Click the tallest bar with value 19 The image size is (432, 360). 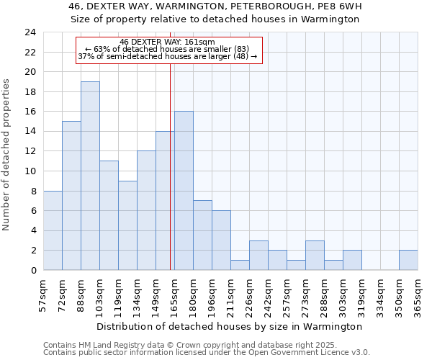click(x=90, y=176)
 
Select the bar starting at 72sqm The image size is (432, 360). click(x=71, y=196)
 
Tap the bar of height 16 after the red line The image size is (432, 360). click(x=184, y=191)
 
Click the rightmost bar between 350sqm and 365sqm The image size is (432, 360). click(x=408, y=260)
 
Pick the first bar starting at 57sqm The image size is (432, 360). click(x=53, y=230)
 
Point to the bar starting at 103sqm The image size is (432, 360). click(x=109, y=215)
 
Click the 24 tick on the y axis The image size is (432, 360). click(x=30, y=32)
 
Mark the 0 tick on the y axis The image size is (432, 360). click(x=33, y=270)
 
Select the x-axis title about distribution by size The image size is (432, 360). click(x=230, y=326)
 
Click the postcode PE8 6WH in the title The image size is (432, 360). click(x=336, y=6)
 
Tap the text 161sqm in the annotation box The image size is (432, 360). click(x=199, y=42)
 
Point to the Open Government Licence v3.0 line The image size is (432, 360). click(x=207, y=353)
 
